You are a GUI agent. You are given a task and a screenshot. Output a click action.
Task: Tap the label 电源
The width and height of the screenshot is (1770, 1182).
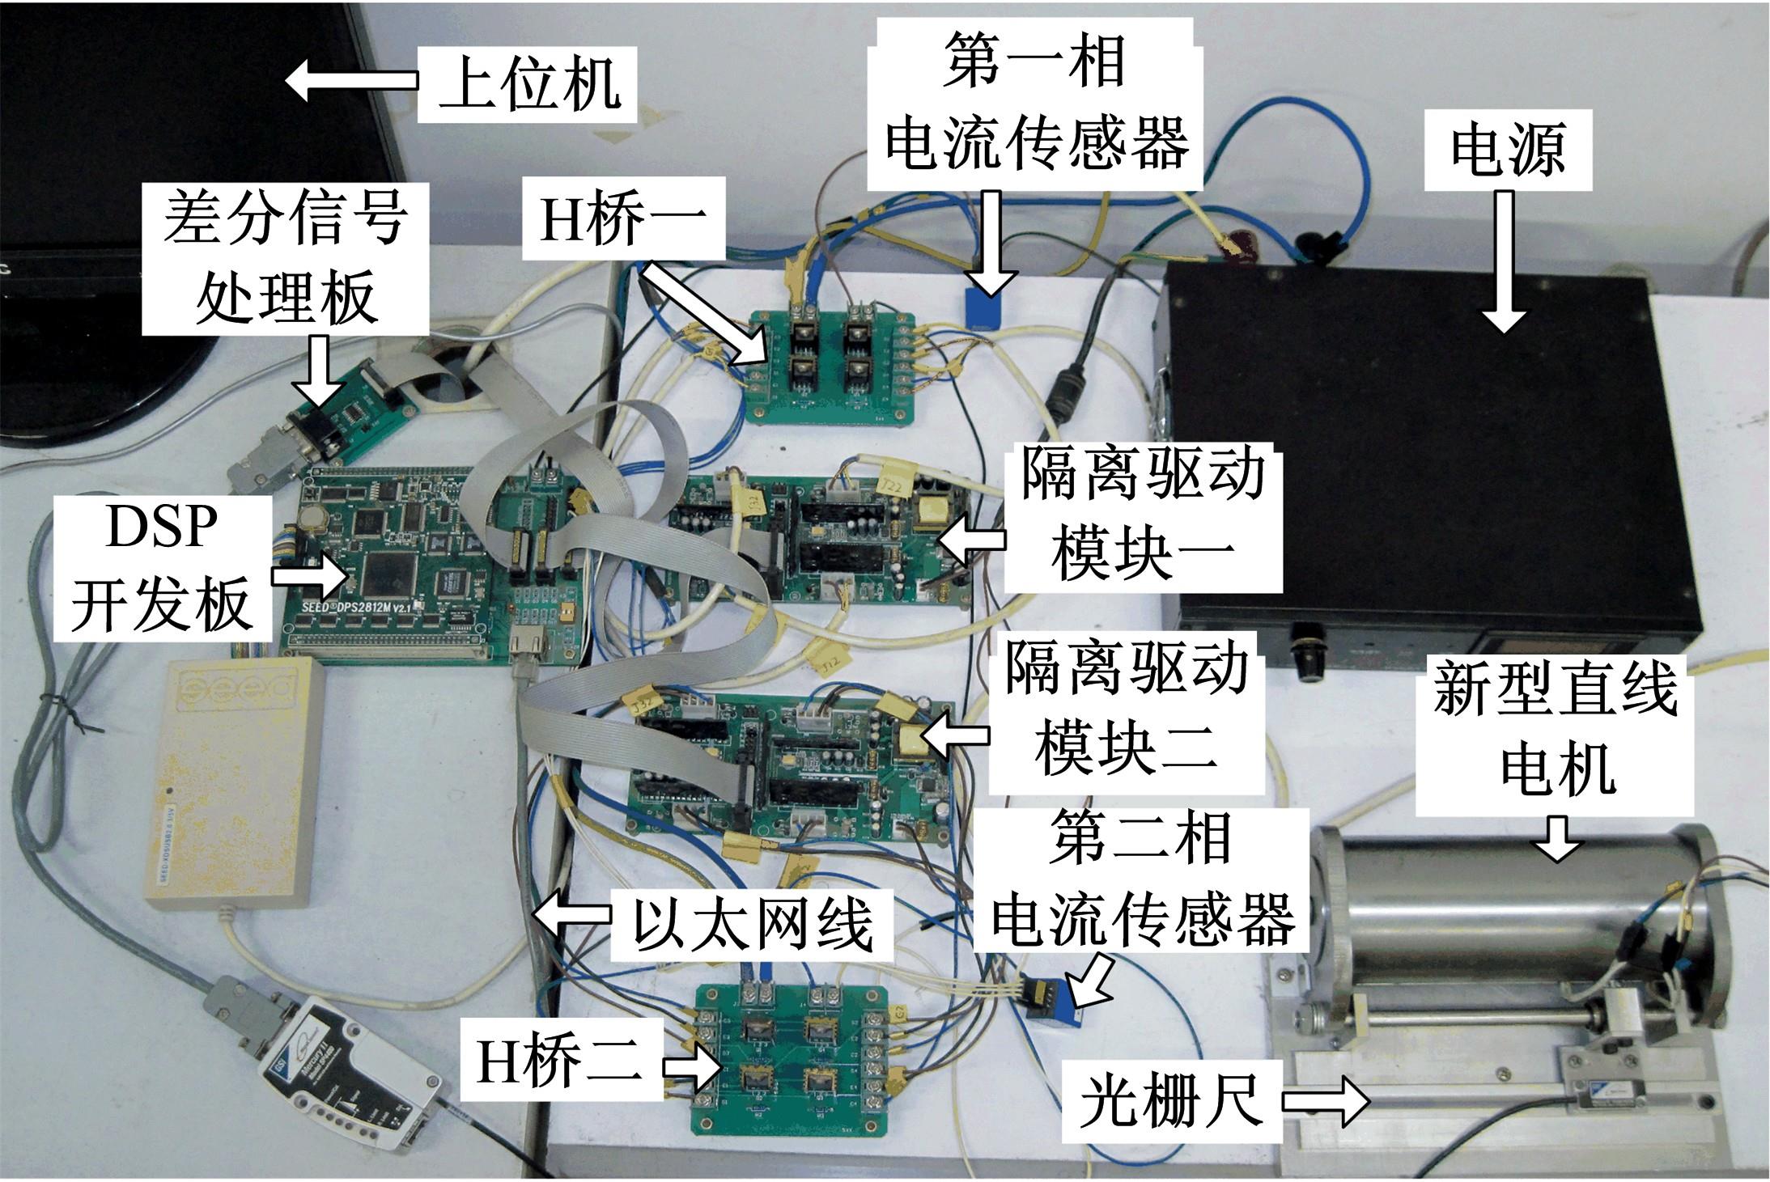coord(1507,150)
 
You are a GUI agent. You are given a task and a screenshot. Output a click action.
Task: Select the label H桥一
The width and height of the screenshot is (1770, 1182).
coord(622,220)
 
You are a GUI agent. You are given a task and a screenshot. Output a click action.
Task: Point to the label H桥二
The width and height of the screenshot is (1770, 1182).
coord(558,1061)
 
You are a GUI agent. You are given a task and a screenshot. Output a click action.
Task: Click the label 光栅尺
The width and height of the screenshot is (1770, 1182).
coord(1172,1101)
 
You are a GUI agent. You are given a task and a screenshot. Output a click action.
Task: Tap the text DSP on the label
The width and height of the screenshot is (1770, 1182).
coord(162,527)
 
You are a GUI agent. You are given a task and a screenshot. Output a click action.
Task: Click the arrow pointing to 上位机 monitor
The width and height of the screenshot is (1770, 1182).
coord(351,81)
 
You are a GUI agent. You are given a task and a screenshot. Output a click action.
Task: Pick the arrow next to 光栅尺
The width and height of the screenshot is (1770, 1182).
coord(1324,1102)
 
